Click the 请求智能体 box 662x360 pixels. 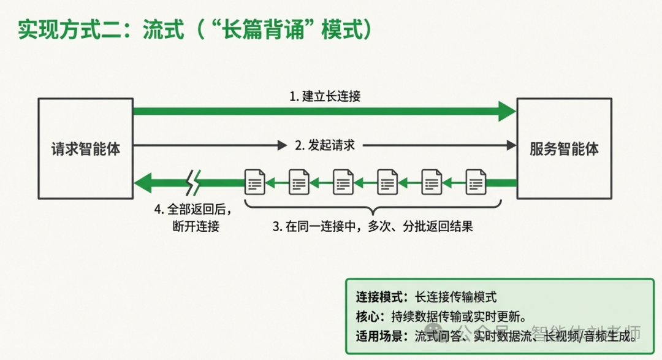pyautogui.click(x=85, y=148)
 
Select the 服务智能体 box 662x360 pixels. pyautogui.click(x=564, y=148)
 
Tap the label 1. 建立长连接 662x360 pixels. pyautogui.click(x=324, y=96)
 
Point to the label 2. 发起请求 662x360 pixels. pyautogui.click(x=325, y=145)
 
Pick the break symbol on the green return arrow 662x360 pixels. pyautogui.click(x=193, y=182)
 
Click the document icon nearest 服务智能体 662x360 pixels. pyautogui.click(x=476, y=182)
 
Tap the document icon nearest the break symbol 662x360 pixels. pyautogui.click(x=255, y=182)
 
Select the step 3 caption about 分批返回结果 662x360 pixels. pyautogui.click(x=373, y=226)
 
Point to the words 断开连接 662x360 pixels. pyautogui.click(x=196, y=226)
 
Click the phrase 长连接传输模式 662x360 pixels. pyautogui.click(x=455, y=297)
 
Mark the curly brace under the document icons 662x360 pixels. pyautogui.click(x=373, y=207)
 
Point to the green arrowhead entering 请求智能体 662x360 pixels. pyautogui.click(x=142, y=182)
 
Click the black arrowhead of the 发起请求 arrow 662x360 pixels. pyautogui.click(x=511, y=145)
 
